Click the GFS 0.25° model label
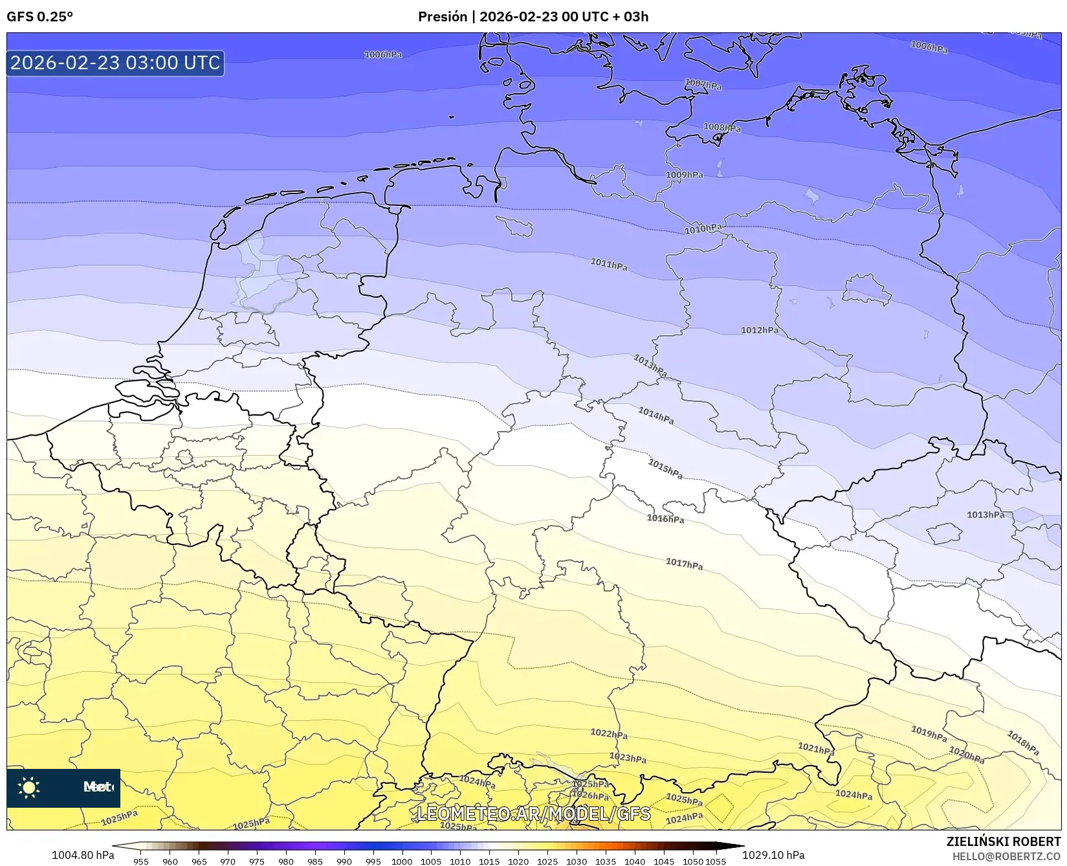(39, 17)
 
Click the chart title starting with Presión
(533, 17)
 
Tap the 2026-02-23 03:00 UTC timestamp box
(115, 63)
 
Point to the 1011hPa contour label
(608, 264)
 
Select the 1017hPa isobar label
(684, 564)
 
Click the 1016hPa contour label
(665, 518)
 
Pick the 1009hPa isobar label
(684, 175)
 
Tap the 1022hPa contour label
(608, 734)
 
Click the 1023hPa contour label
(628, 758)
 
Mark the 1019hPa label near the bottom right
(929, 733)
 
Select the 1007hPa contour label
(703, 85)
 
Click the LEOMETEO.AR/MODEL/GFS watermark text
(533, 814)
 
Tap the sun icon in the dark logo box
(29, 787)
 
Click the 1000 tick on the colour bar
(401, 861)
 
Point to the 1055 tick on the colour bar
(716, 861)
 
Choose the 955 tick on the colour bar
(141, 861)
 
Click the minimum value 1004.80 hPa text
(83, 855)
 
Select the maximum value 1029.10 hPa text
(773, 855)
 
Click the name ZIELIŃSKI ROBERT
(1003, 841)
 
